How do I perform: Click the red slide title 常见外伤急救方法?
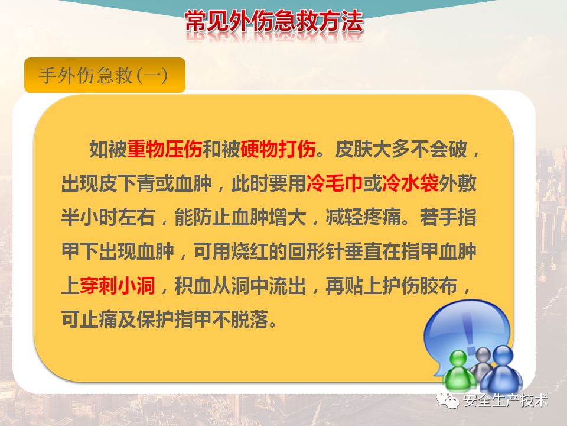[x=273, y=22]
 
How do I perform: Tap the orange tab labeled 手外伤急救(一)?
[x=105, y=75]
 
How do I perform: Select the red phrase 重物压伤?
[x=165, y=149]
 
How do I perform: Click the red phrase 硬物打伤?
[x=278, y=149]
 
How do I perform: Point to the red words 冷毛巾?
[x=334, y=183]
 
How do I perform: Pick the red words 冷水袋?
[x=410, y=183]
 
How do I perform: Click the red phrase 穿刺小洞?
[x=118, y=285]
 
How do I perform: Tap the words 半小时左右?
[x=108, y=217]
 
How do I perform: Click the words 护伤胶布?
[x=420, y=285]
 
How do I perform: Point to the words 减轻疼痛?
[x=363, y=217]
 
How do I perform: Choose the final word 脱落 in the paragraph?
[x=249, y=319]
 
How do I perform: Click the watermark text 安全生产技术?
[x=506, y=401]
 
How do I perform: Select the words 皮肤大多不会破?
[x=401, y=149]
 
